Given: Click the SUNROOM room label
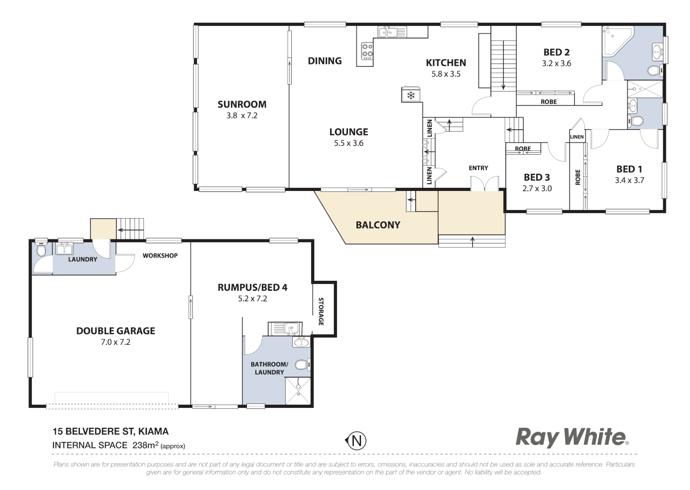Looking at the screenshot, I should click(x=242, y=104).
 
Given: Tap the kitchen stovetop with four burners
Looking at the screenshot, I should click(x=367, y=51).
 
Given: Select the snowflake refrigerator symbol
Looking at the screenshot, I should click(x=411, y=95).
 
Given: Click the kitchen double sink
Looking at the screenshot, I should click(x=392, y=32).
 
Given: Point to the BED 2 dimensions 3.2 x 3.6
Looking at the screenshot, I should click(x=556, y=64).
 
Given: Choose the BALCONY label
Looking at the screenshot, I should click(x=378, y=225).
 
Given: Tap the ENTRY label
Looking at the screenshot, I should click(x=478, y=168).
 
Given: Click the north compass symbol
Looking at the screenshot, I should click(x=356, y=441).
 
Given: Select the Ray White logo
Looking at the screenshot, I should click(x=572, y=437).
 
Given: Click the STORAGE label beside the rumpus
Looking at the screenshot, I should click(x=321, y=311).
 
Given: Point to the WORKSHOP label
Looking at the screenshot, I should click(x=160, y=256).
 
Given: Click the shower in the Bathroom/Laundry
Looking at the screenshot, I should click(x=298, y=391).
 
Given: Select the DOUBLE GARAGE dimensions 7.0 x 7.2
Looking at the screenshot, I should click(x=116, y=342).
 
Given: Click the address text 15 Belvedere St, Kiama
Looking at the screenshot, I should click(x=110, y=431).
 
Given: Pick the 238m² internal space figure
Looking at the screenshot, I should click(x=144, y=445).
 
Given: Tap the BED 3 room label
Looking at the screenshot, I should click(x=537, y=177).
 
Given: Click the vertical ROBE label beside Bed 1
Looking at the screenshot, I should click(x=577, y=177).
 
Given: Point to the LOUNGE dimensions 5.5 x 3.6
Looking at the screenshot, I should click(x=348, y=143).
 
